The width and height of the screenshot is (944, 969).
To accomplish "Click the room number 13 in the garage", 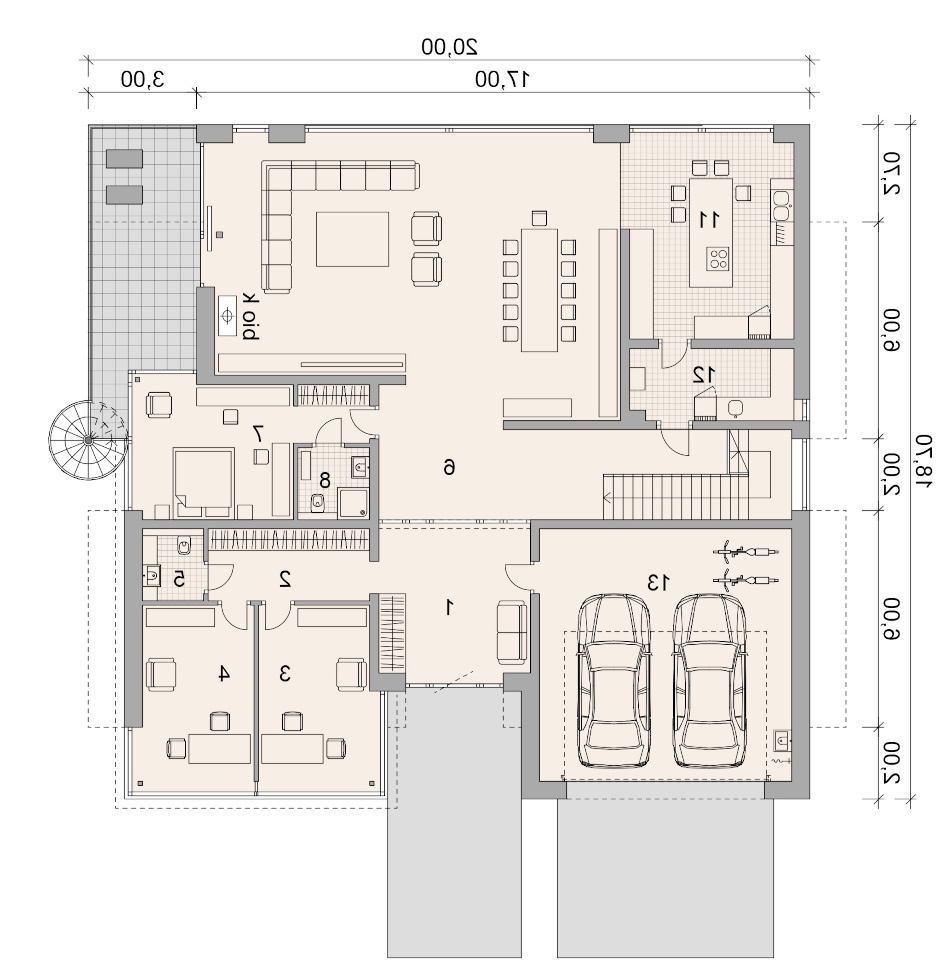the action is [x=657, y=582].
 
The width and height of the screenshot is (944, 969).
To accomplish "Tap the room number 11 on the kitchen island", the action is [x=709, y=219].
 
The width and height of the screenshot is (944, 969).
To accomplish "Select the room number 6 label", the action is [x=449, y=468].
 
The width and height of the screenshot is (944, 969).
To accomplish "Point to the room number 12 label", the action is [x=704, y=374].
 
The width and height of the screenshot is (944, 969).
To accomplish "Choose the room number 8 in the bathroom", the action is [x=325, y=480].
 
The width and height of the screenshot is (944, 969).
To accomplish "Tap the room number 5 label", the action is [x=179, y=579].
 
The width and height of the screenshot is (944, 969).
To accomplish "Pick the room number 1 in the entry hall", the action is [x=450, y=607].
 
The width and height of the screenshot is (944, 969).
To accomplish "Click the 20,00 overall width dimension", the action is [x=450, y=47].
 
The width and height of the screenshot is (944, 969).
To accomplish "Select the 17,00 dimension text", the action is [x=503, y=79].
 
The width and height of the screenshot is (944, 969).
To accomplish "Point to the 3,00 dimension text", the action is [x=143, y=79].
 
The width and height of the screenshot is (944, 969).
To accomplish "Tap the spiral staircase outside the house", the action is [x=88, y=440].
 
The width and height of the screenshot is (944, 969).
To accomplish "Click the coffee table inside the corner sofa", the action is [x=353, y=239].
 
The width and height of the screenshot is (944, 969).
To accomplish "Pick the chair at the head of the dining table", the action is [x=539, y=218].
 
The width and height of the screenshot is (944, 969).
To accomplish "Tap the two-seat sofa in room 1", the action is [x=512, y=633].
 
